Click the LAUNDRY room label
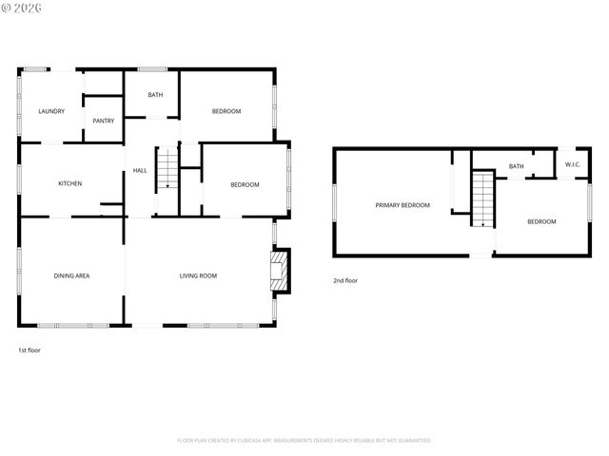pyautogui.click(x=51, y=111)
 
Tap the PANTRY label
pyautogui.click(x=104, y=121)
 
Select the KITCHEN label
pyautogui.click(x=70, y=183)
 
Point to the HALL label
pyautogui.click(x=140, y=170)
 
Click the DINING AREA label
pyautogui.click(x=71, y=275)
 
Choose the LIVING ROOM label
pyautogui.click(x=198, y=275)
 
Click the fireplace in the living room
pyautogui.click(x=280, y=270)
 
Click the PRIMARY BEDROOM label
pyautogui.click(x=402, y=205)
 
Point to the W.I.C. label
pyautogui.click(x=572, y=164)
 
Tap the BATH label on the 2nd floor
pyautogui.click(x=516, y=166)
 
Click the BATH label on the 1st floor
pyautogui.click(x=155, y=95)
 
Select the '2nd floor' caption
pyautogui.click(x=344, y=280)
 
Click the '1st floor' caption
pyautogui.click(x=29, y=350)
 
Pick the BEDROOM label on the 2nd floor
pyautogui.click(x=541, y=221)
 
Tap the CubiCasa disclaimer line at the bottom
pyautogui.click(x=304, y=440)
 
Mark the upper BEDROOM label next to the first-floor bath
pyautogui.click(x=226, y=111)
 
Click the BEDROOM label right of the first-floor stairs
pyautogui.click(x=245, y=184)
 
